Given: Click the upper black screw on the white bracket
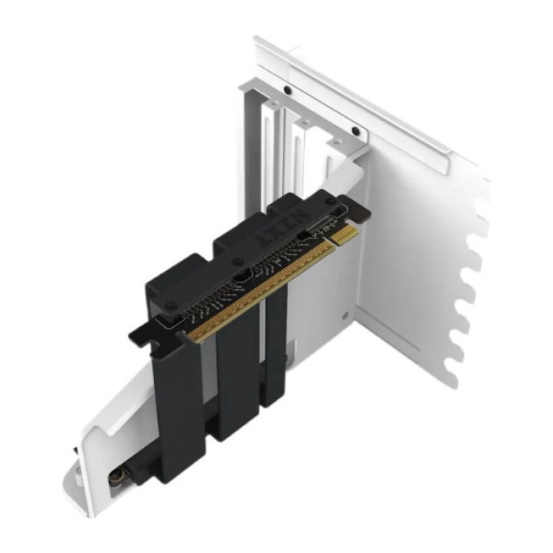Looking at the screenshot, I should pyautogui.click(x=288, y=91).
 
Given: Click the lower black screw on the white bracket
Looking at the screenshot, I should pyautogui.click(x=355, y=131).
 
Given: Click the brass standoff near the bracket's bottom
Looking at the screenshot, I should pyautogui.click(x=115, y=479).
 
